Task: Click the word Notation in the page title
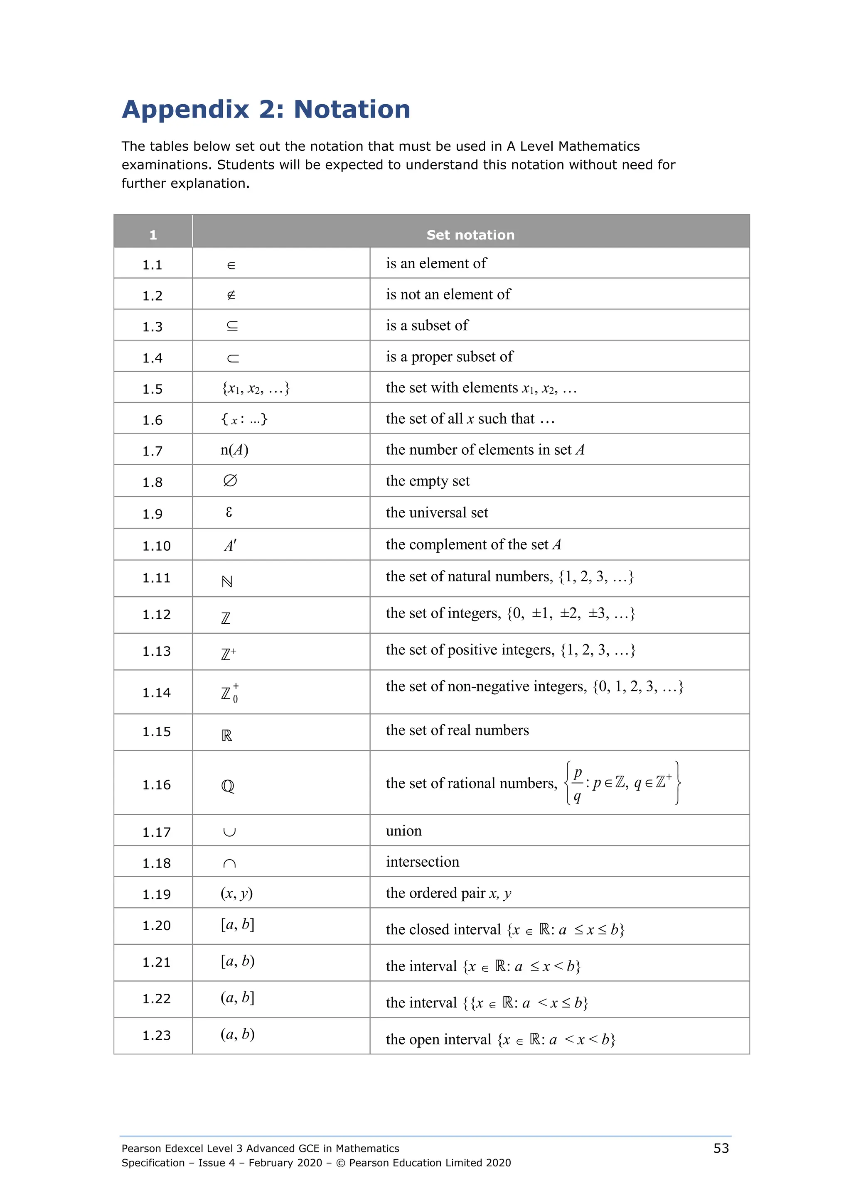(352, 110)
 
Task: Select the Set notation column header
(470, 235)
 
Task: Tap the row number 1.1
(152, 265)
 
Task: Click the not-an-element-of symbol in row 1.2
(231, 295)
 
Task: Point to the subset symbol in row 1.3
(232, 326)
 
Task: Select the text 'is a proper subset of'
(449, 356)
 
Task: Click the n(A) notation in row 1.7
(234, 450)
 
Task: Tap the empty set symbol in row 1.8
(230, 480)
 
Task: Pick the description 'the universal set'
(437, 512)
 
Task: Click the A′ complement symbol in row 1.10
(230, 545)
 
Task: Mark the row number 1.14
(156, 693)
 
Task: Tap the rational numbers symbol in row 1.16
(228, 786)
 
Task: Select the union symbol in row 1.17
(229, 832)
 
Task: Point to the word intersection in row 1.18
(423, 862)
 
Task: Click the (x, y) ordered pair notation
(236, 893)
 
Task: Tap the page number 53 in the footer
(721, 1149)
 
